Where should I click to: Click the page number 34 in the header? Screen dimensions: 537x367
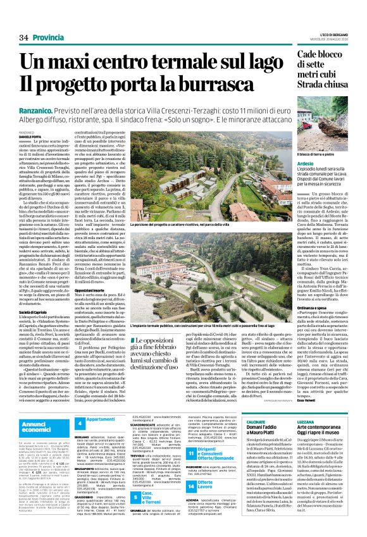(x=23, y=20)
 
